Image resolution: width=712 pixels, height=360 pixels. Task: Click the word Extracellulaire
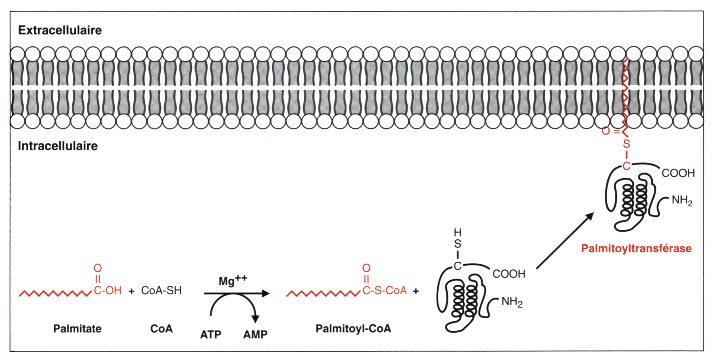60,30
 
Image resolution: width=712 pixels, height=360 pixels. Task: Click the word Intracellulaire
58,146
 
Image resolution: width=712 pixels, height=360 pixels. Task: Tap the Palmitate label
77,329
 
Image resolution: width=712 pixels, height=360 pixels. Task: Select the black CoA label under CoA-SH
162,329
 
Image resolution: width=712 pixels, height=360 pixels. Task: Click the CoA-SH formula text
161,291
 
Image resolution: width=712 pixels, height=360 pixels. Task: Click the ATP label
211,334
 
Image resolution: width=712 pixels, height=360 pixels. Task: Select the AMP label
255,334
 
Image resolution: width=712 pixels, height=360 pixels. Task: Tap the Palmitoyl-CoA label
353,329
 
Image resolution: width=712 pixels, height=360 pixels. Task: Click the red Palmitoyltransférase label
636,248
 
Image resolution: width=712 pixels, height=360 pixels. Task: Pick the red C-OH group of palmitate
108,291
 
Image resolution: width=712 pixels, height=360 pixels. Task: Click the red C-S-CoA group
384,291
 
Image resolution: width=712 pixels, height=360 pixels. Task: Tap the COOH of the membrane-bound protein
678,173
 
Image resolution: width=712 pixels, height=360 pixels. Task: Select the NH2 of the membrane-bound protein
682,200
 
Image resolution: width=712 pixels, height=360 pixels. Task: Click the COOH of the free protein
509,274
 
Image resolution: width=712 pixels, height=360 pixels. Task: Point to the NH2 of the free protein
512,302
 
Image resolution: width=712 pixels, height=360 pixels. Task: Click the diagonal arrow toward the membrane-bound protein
565,241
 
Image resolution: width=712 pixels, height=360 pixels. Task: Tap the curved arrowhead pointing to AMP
255,319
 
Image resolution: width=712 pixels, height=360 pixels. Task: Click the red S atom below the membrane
627,144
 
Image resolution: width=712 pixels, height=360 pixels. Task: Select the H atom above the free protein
458,232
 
